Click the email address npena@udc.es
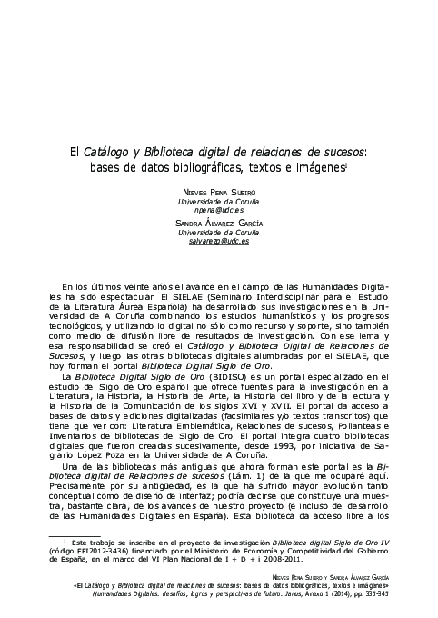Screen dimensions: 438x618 pos(219,208)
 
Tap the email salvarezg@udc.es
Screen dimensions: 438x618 pos(219,241)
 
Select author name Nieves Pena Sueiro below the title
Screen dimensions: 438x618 pos(219,192)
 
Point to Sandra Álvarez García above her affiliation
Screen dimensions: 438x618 pos(219,224)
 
